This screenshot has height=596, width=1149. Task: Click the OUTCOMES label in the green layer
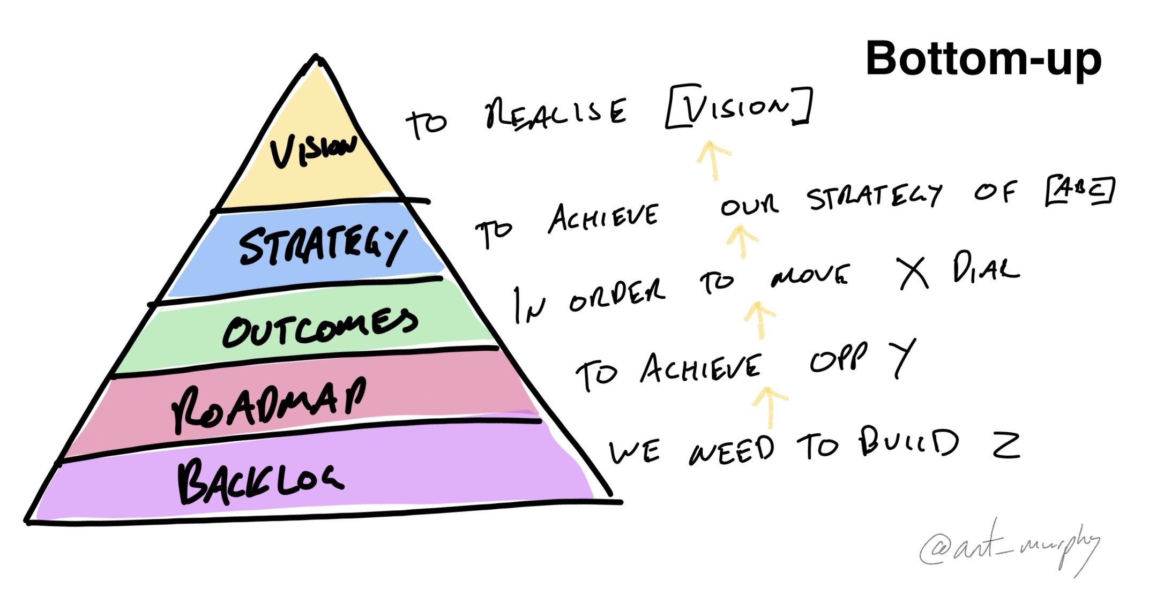pyautogui.click(x=320, y=326)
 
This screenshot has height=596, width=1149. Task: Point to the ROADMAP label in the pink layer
pyautogui.click(x=269, y=404)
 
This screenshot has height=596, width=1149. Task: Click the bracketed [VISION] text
pyautogui.click(x=739, y=107)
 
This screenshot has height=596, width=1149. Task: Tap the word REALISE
pyautogui.click(x=556, y=113)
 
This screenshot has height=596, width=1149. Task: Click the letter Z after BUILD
pyautogui.click(x=1006, y=446)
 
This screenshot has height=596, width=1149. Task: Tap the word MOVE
pyautogui.click(x=810, y=276)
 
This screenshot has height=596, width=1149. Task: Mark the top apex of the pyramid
pyautogui.click(x=316, y=55)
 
